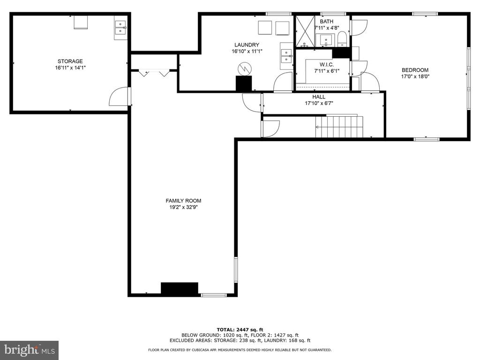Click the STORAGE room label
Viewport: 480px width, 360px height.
(70, 61)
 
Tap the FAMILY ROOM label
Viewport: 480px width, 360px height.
(183, 201)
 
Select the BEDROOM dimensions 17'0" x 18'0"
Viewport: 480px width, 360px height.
(415, 76)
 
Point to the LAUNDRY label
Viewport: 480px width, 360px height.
(247, 45)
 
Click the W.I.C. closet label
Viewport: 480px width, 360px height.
(327, 65)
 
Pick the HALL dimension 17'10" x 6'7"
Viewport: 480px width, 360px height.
(319, 104)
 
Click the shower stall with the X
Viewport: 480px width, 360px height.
(305, 31)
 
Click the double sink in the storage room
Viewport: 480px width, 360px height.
(120, 28)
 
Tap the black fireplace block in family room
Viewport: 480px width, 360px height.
(180, 289)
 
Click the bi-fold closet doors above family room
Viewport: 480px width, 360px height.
(154, 73)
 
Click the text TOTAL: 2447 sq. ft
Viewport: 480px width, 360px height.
(240, 330)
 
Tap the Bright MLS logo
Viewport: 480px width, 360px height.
(30, 350)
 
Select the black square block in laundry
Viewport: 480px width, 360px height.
(244, 83)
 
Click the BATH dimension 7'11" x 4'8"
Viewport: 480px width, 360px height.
(327, 28)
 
